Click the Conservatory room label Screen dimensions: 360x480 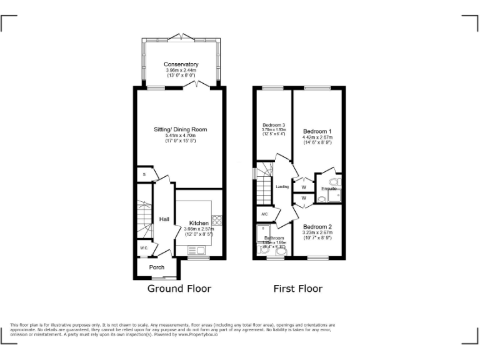pos(181,64)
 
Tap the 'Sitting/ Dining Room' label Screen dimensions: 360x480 pos(181,129)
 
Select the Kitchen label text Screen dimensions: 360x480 pos(199,223)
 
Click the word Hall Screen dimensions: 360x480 pos(164,219)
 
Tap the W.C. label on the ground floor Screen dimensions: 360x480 pos(143,248)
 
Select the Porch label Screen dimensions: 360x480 pos(157,267)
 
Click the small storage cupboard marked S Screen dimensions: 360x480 pos(144,174)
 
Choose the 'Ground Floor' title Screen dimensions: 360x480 pos(179,289)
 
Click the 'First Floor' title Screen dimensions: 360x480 pos(298,289)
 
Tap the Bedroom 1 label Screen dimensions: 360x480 pos(317,131)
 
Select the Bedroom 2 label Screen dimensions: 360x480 pos(317,226)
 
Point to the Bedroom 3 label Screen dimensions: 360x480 pos(273,126)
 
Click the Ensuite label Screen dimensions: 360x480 pos(329,188)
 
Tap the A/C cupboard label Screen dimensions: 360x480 pos(264,214)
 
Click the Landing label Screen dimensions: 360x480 pos(282,186)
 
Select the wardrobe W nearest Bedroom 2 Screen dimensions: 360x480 pos(304,199)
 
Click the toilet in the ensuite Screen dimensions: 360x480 pos(321,199)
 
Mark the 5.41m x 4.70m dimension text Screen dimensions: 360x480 pos(181,136)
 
